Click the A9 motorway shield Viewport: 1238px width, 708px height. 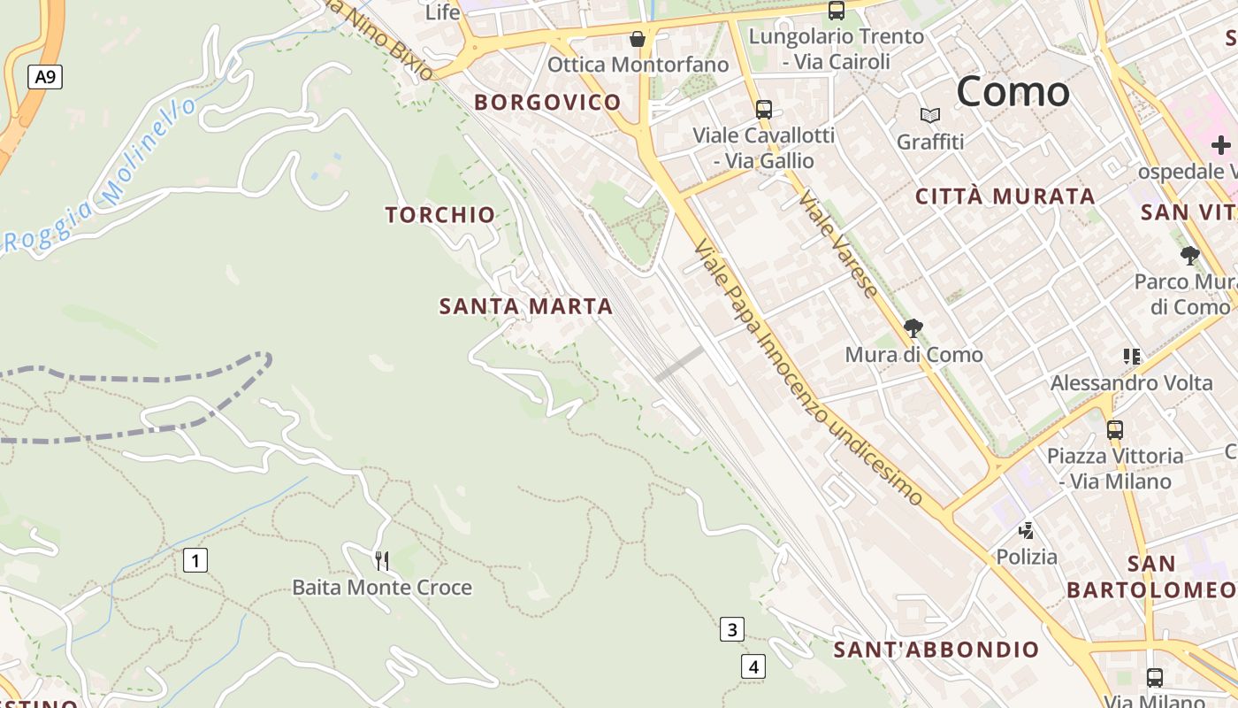[x=45, y=77]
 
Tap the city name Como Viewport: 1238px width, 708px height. [x=1013, y=92]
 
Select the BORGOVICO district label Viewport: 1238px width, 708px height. [x=547, y=103]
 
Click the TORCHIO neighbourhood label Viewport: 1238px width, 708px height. [x=440, y=215]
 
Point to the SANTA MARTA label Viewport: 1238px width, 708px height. [x=526, y=307]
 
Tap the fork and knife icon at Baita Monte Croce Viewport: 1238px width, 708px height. [x=382, y=560]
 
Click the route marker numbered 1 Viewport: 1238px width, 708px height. [x=195, y=560]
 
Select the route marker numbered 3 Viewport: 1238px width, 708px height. [x=731, y=630]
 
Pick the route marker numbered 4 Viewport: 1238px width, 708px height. [x=753, y=666]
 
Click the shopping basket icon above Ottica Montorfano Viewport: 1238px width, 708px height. [x=638, y=39]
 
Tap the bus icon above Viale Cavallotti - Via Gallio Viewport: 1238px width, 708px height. [x=764, y=110]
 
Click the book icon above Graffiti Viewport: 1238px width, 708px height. [x=930, y=115]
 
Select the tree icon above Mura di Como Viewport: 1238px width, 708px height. [x=913, y=328]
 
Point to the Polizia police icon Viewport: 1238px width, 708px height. [x=1027, y=531]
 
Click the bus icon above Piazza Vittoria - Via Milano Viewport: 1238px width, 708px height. [x=1115, y=430]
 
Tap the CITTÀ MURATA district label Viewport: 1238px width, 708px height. [x=1005, y=196]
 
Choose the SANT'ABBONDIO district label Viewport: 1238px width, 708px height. [x=936, y=650]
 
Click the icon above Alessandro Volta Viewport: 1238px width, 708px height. [x=1132, y=357]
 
